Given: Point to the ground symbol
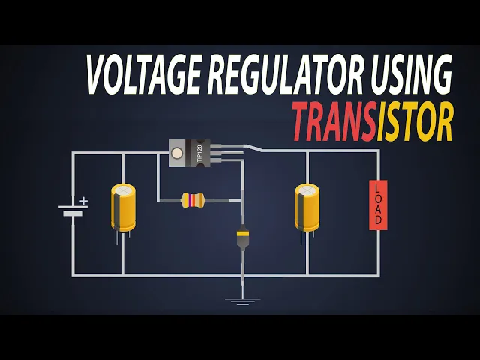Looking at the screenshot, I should pyautogui.click(x=242, y=301).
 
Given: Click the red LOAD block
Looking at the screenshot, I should pyautogui.click(x=378, y=205).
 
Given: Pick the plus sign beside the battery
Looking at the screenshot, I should pyautogui.click(x=84, y=201).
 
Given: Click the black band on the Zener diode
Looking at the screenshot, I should pyautogui.click(x=242, y=233).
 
